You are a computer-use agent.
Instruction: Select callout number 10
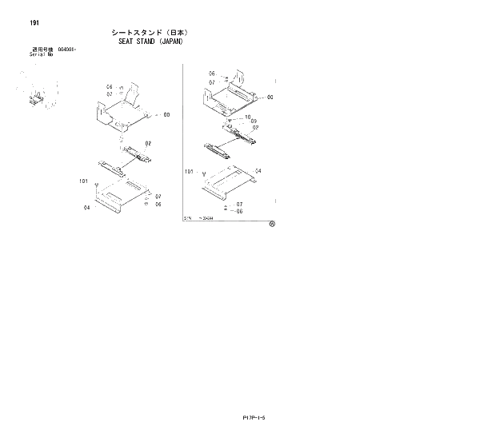pyautogui.click(x=248, y=117)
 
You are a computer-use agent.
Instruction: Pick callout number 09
pyautogui.click(x=254, y=121)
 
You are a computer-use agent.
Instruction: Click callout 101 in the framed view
pyautogui.click(x=190, y=171)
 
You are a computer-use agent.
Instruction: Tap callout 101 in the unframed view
pyautogui.click(x=84, y=181)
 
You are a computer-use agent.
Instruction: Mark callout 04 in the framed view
pyautogui.click(x=258, y=171)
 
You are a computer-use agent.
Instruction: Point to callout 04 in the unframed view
pyautogui.click(x=86, y=207)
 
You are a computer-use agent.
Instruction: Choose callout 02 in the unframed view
pyautogui.click(x=148, y=144)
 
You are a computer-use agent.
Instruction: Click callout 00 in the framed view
pyautogui.click(x=270, y=97)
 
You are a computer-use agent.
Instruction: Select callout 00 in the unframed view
pyautogui.click(x=166, y=115)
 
